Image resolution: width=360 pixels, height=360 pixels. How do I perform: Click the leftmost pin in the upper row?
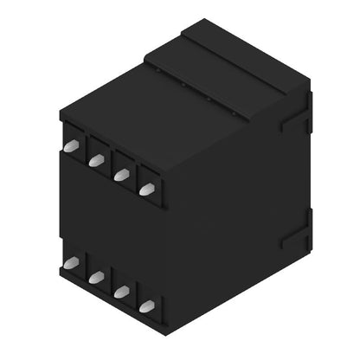71,146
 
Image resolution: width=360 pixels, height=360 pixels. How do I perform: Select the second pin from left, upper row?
97,160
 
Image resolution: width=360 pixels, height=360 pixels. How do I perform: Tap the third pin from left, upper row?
122,174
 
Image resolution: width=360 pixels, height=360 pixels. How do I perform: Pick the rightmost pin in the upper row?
147,188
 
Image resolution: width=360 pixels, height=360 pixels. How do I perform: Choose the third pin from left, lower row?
122,292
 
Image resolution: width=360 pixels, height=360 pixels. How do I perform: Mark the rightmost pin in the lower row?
147,305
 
